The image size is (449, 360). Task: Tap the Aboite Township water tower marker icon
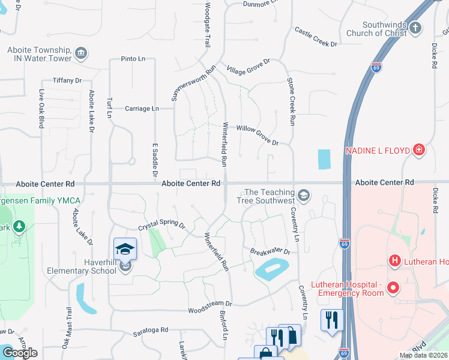(81, 55)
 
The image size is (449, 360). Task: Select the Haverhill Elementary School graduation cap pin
(125, 249)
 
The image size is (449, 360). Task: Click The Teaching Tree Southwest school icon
(304, 195)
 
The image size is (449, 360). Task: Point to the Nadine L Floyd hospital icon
(419, 151)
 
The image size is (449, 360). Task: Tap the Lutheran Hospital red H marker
(395, 260)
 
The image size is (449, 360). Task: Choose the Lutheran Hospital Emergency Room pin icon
(393, 288)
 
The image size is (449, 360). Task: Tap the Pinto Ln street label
(133, 59)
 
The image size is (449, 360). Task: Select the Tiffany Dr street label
(67, 80)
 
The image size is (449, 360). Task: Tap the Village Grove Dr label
(249, 66)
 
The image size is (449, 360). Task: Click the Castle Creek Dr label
(316, 37)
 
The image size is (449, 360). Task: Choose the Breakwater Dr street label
(270, 252)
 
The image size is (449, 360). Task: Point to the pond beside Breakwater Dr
(272, 269)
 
